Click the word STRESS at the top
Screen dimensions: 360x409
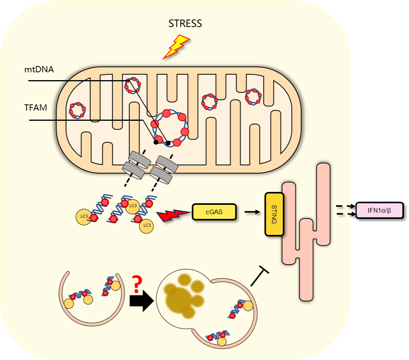pyautogui.click(x=185, y=23)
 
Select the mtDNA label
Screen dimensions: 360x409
pyautogui.click(x=38, y=70)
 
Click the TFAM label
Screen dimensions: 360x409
pyautogui.click(x=36, y=108)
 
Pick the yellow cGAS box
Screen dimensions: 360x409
pyautogui.click(x=214, y=212)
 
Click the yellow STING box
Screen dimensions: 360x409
pyautogui.click(x=274, y=214)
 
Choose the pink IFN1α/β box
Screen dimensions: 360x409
pyautogui.click(x=379, y=211)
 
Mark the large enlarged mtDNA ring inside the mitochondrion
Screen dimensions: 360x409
pyautogui.click(x=170, y=128)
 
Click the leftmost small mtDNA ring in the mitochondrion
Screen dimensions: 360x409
pyautogui.click(x=77, y=110)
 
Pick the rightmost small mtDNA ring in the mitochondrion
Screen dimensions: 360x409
pyautogui.click(x=253, y=97)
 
